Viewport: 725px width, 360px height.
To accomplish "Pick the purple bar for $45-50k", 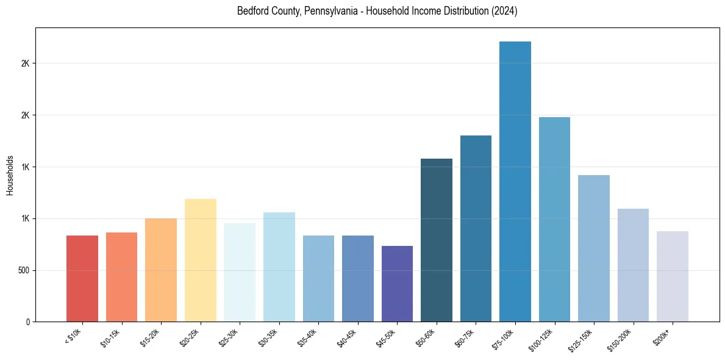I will pos(397,284).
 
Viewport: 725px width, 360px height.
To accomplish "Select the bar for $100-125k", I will pos(554,219).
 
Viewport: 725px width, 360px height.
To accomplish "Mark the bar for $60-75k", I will pos(476,228).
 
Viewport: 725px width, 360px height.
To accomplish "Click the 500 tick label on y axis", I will pos(23,270).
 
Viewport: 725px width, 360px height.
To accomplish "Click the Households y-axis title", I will pos(10,175).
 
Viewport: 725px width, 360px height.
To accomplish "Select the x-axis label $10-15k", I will pos(112,337).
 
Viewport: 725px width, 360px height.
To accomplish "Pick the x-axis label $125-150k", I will pos(582,338).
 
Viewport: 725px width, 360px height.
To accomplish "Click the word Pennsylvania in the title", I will pos(328,11).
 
